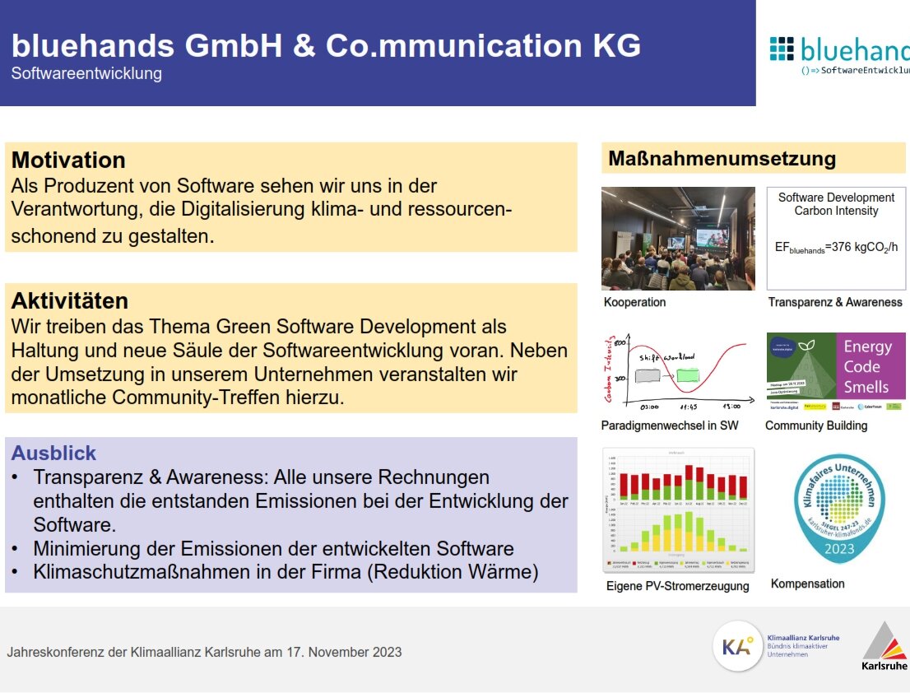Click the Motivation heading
click(x=68, y=160)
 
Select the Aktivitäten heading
click(x=70, y=300)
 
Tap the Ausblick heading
click(x=53, y=453)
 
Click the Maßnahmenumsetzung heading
click(x=722, y=159)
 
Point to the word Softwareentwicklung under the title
click(x=86, y=73)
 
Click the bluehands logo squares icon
click(x=782, y=49)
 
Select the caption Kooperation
click(x=634, y=302)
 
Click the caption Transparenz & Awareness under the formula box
click(x=834, y=302)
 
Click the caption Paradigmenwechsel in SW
click(x=669, y=426)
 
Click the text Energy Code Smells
click(x=866, y=367)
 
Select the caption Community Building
click(x=815, y=426)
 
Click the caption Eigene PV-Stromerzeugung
click(x=677, y=586)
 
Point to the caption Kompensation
click(x=807, y=584)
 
